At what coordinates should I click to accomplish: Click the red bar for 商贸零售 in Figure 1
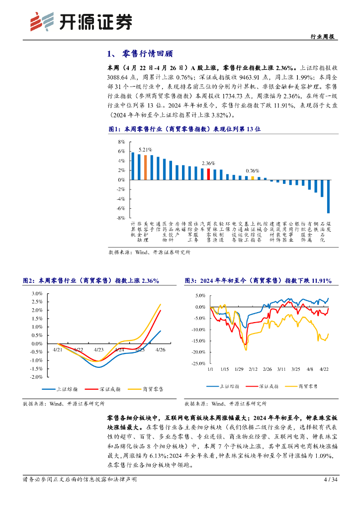[x=208, y=174]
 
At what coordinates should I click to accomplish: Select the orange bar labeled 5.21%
[x=145, y=168]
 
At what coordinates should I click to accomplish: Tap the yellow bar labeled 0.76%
[x=253, y=178]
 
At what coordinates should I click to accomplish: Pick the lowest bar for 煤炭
[x=328, y=196]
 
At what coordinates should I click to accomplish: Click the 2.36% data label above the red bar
[x=208, y=163]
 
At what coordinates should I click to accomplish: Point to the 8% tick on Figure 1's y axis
[x=121, y=142]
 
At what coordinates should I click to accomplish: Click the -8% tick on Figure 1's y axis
[x=121, y=218]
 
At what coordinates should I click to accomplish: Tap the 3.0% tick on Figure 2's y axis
[x=37, y=293]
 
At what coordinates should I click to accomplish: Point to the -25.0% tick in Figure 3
[x=198, y=364]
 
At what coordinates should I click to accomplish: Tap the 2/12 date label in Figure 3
[x=253, y=369]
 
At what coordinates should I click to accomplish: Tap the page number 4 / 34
[x=330, y=480]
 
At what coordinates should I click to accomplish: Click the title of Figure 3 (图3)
[x=258, y=281]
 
